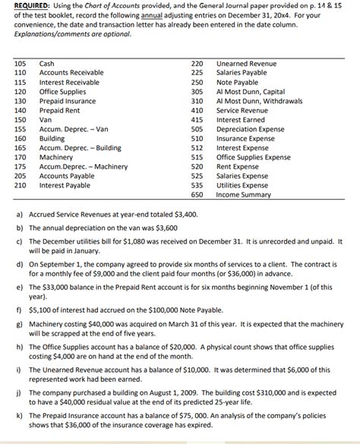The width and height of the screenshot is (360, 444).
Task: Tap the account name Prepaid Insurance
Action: point(66,101)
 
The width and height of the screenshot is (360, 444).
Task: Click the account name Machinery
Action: point(55,156)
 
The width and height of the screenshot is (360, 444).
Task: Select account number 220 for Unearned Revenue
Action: point(197,64)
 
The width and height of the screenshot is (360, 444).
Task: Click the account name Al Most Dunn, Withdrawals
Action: point(259,101)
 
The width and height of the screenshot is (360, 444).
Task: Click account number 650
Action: point(197,194)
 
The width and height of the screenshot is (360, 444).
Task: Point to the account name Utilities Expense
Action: point(242,184)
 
